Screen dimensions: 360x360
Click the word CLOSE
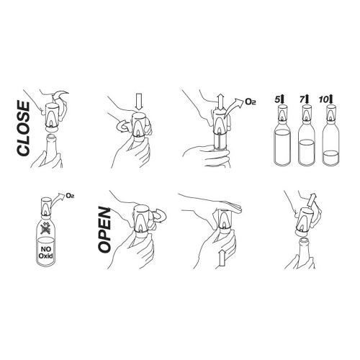[24, 129]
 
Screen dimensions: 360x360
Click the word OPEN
[104, 230]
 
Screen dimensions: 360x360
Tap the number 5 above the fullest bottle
[277, 99]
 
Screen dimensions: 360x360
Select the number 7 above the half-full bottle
[302, 99]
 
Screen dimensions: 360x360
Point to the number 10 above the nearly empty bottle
[323, 99]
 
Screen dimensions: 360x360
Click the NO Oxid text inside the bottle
[45, 253]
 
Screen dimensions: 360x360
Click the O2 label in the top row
[251, 102]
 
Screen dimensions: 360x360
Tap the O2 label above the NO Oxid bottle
[70, 196]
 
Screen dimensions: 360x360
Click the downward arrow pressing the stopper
[139, 102]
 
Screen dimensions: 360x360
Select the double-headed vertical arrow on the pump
[221, 102]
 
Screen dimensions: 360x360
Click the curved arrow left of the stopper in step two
[122, 126]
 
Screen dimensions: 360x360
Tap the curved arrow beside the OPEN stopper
[159, 215]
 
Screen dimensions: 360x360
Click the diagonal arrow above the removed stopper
[312, 200]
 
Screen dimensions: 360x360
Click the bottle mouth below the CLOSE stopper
[51, 136]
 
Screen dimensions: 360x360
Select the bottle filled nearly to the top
[282, 145]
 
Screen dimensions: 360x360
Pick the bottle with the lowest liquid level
[331, 145]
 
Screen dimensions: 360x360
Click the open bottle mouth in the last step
[304, 240]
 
